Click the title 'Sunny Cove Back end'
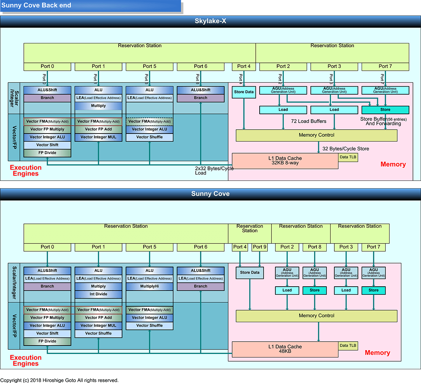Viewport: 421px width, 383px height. tap(36, 5)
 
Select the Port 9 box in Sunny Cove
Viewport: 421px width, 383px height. tap(260, 247)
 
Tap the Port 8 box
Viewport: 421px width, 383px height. tap(315, 247)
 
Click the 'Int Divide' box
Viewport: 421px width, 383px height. tap(98, 294)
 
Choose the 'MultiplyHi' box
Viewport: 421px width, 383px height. tap(149, 286)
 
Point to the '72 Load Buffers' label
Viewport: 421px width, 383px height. tap(309, 121)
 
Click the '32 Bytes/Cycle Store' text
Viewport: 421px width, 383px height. tap(346, 149)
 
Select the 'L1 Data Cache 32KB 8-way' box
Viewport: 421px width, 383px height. tap(285, 160)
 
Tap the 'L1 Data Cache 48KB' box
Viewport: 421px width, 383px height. tap(285, 349)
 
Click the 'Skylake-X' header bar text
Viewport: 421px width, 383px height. tap(210, 21)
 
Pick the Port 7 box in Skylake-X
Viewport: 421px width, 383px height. tap(385, 66)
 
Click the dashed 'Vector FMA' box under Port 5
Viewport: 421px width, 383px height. tap(149, 121)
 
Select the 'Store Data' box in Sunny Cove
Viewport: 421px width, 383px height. tap(250, 273)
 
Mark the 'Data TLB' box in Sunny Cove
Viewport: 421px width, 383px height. tap(348, 346)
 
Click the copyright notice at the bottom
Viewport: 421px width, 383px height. tap(59, 380)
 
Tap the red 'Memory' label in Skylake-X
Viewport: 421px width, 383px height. tap(393, 164)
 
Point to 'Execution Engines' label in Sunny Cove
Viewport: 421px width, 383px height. tap(26, 361)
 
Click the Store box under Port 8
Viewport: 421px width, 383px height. tap(315, 290)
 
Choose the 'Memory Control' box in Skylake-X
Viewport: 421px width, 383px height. tap(316, 135)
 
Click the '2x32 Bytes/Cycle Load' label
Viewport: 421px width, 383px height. tap(214, 171)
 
